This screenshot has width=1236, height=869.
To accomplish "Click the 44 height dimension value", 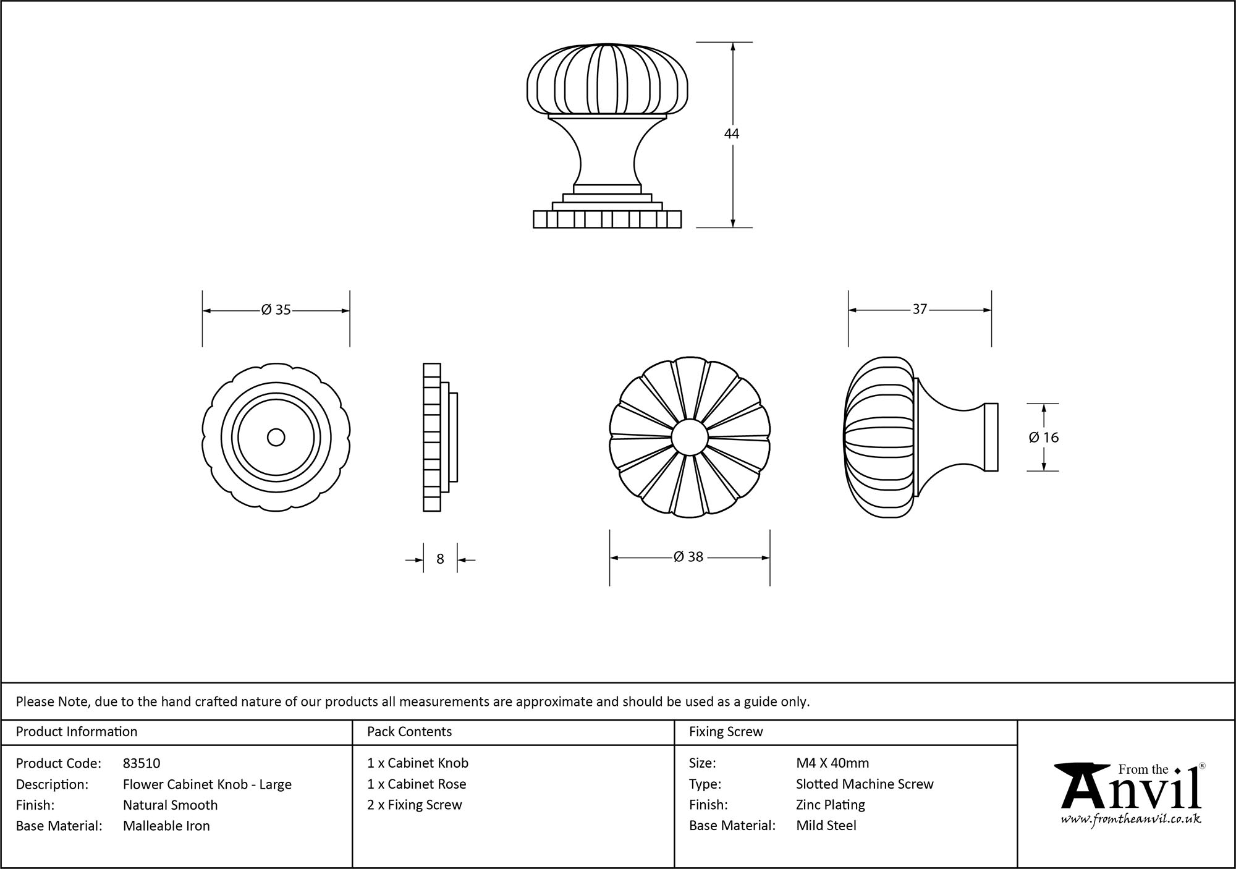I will point(732,134).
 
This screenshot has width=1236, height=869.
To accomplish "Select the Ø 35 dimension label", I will point(276,310).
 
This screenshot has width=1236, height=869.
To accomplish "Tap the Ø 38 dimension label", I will point(688,557).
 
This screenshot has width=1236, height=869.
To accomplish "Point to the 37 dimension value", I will point(920,309).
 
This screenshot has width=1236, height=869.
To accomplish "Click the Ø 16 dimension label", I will point(1044,438).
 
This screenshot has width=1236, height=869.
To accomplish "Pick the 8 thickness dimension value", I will point(440,559).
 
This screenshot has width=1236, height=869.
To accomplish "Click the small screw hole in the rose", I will point(276,438).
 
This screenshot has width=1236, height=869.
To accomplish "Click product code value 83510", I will point(142,763).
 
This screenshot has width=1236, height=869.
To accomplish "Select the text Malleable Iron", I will point(166,826).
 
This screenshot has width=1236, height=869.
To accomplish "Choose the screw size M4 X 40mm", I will point(832,763).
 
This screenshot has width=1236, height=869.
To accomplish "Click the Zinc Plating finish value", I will point(830,805).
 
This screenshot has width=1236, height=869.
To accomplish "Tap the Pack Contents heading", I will point(409,732).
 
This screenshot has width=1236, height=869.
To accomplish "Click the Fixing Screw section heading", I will point(726,732).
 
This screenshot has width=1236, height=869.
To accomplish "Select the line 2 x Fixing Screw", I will point(415,805).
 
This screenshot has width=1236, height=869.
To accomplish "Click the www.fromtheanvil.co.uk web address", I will point(1131,819).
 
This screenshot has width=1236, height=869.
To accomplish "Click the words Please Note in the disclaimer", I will point(53,702).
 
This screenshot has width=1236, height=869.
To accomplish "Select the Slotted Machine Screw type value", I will point(865,784).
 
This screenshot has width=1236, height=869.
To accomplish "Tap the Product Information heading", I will point(77,732).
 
